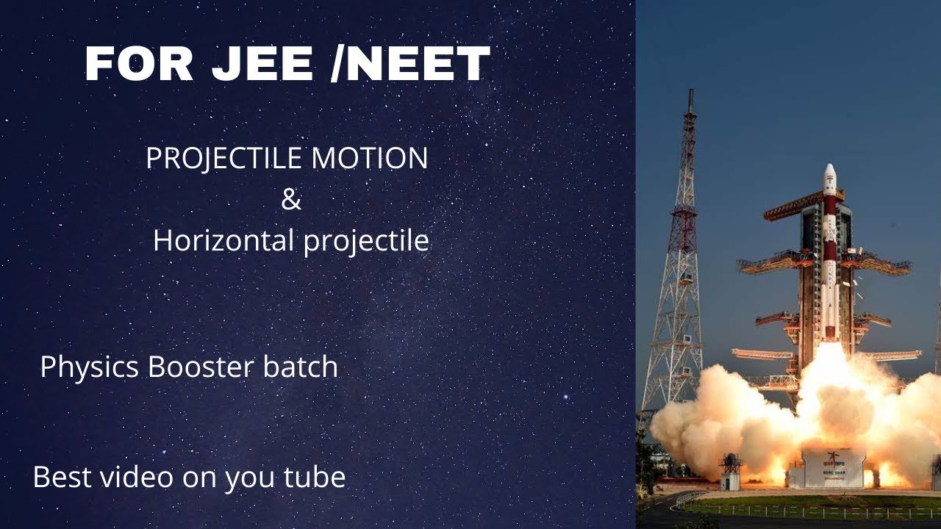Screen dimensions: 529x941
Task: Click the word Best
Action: tap(62, 478)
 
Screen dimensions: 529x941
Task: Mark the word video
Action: tap(133, 478)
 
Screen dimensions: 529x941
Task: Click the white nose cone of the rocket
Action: tap(829, 174)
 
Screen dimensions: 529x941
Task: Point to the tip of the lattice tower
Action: tap(690, 94)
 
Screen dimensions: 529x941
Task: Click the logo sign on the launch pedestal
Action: tap(834, 458)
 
